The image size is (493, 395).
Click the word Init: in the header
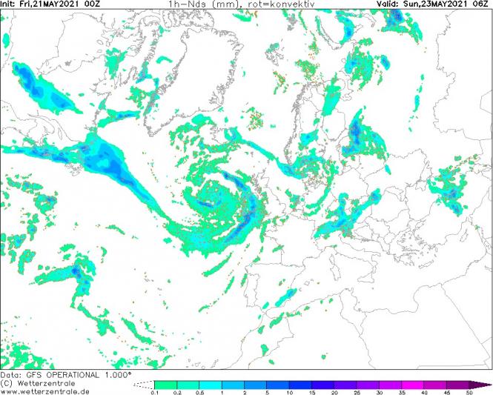[x=10, y=4]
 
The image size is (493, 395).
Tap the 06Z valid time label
[x=483, y=4]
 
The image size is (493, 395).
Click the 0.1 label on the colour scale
[x=156, y=392]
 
